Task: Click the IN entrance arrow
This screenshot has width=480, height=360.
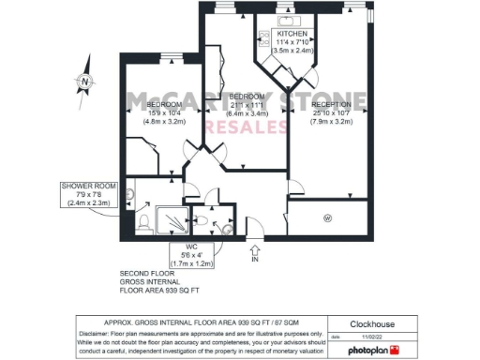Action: (254, 250)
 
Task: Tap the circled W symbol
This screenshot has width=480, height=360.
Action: (327, 218)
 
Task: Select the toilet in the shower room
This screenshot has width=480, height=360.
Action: (142, 222)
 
